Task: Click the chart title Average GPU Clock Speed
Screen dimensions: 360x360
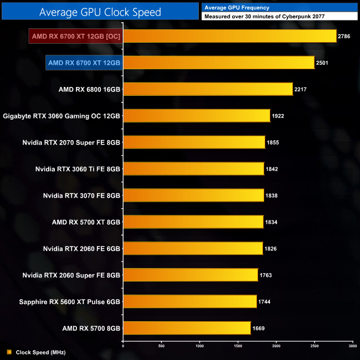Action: (100, 12)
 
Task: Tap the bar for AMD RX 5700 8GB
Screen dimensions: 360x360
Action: (187, 328)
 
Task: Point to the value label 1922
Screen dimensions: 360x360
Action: (279, 116)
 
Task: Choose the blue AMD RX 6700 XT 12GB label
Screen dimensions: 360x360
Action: (84, 63)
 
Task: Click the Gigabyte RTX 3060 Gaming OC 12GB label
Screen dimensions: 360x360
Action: (61, 116)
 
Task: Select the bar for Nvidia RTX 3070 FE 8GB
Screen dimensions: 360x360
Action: (193, 196)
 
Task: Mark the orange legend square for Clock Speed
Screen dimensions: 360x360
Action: (9, 352)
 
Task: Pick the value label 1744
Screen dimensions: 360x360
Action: (265, 302)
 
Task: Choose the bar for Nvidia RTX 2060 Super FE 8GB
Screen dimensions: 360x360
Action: (191, 275)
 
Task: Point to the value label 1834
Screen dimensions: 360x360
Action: (271, 222)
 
